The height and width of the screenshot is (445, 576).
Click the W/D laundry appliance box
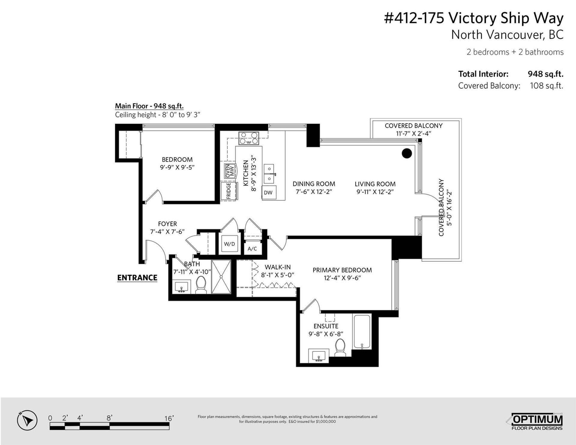(x=229, y=244)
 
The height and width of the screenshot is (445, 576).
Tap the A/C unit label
(x=252, y=249)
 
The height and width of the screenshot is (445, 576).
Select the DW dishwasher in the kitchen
(x=268, y=193)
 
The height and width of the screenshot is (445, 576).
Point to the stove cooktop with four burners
(x=249, y=138)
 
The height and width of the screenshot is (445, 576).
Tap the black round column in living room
(x=407, y=153)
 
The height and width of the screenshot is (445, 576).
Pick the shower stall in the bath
(x=221, y=276)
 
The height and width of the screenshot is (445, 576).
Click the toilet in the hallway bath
(x=201, y=284)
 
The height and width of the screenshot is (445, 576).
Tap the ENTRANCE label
(x=137, y=278)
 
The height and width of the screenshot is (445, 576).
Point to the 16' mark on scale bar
(x=169, y=418)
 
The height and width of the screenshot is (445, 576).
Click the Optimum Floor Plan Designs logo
(x=537, y=422)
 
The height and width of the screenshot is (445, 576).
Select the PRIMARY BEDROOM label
(x=342, y=270)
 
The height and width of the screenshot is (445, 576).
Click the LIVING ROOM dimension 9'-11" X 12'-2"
(x=375, y=192)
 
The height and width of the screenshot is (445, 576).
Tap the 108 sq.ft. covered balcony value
(x=547, y=86)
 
